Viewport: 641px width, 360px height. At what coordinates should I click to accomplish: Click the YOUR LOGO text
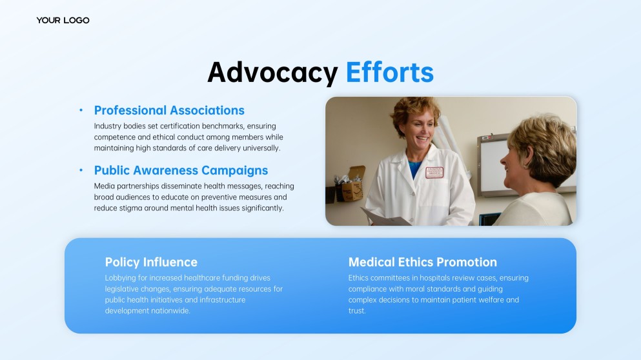[x=63, y=21]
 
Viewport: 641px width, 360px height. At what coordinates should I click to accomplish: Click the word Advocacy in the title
[x=272, y=73]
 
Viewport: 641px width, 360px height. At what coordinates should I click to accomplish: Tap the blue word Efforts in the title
[x=390, y=73]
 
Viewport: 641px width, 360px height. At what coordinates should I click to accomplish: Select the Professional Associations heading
[x=169, y=110]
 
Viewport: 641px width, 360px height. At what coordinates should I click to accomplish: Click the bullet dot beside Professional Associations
[x=81, y=110]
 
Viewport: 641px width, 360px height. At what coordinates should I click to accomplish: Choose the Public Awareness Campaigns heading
[x=181, y=170]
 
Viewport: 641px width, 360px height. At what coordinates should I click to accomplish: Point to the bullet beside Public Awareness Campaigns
[x=81, y=170]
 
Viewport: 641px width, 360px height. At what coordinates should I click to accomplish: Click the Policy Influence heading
[x=151, y=262]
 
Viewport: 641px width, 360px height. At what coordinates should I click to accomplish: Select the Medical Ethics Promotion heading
[x=423, y=262]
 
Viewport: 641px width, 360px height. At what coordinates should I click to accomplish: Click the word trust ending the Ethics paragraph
[x=357, y=311]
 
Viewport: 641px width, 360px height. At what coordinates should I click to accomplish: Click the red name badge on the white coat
[x=434, y=172]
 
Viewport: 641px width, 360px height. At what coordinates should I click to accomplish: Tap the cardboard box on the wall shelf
[x=352, y=187]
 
